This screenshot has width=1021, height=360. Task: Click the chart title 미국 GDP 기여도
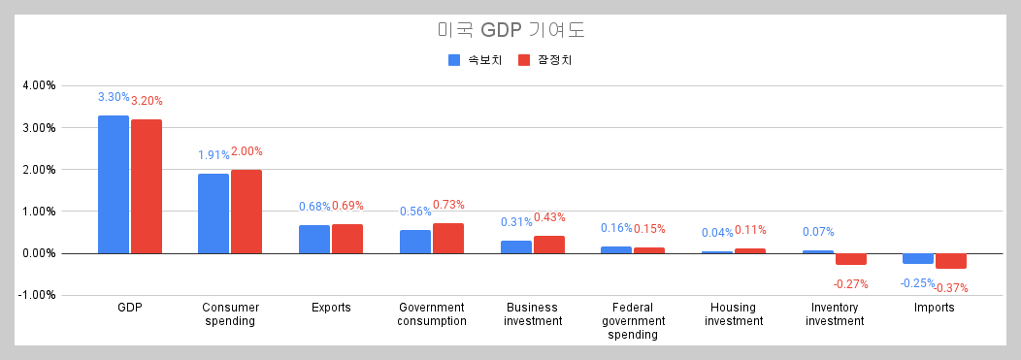click(x=510, y=31)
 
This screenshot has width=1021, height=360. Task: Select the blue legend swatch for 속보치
click(x=454, y=60)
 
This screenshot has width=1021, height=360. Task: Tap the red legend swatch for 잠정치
click(x=524, y=60)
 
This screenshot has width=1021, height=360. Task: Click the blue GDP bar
click(x=114, y=184)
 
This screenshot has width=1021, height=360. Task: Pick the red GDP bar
click(x=147, y=186)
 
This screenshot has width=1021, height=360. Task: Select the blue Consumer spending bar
click(x=214, y=213)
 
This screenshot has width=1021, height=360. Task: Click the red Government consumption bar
click(x=448, y=239)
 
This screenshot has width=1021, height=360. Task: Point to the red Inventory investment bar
click(x=851, y=259)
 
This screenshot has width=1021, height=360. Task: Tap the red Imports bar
click(x=951, y=261)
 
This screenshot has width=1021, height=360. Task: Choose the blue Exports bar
click(x=314, y=239)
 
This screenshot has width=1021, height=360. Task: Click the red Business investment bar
click(x=549, y=245)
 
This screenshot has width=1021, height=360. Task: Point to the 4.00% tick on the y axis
click(x=39, y=85)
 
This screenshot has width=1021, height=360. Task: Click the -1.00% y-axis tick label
click(x=38, y=295)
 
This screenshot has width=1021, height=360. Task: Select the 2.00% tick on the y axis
click(x=39, y=169)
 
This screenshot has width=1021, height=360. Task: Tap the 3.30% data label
click(x=114, y=97)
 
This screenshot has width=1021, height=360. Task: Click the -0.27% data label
click(x=850, y=284)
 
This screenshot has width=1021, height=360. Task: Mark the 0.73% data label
click(x=448, y=205)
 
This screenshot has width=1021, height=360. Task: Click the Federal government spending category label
click(x=633, y=321)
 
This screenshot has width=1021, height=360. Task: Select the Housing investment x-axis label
click(x=733, y=314)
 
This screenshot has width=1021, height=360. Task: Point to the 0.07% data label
click(x=818, y=232)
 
